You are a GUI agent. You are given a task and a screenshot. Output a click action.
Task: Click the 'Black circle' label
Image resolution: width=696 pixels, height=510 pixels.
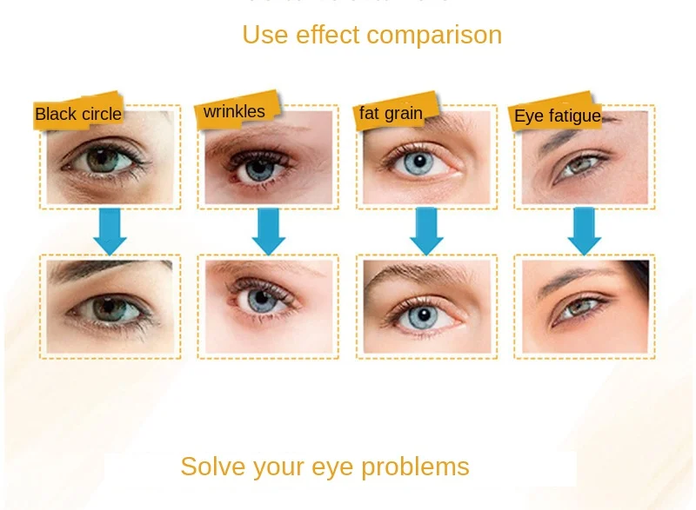tap(78, 114)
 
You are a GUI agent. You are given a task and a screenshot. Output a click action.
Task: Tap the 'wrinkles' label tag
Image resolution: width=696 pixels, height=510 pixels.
tap(234, 112)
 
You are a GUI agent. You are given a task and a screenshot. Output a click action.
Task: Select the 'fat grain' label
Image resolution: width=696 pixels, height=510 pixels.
tap(391, 113)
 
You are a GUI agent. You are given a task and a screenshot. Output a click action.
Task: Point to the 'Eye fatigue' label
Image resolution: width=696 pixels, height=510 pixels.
tap(558, 116)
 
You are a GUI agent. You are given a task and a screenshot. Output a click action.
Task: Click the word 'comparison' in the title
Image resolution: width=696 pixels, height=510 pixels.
tap(435, 35)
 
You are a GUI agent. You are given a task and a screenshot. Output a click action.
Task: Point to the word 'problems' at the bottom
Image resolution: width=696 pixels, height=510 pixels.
tap(416, 467)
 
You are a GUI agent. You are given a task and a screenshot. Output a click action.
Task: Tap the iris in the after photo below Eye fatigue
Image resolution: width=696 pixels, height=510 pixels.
tap(579, 308)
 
